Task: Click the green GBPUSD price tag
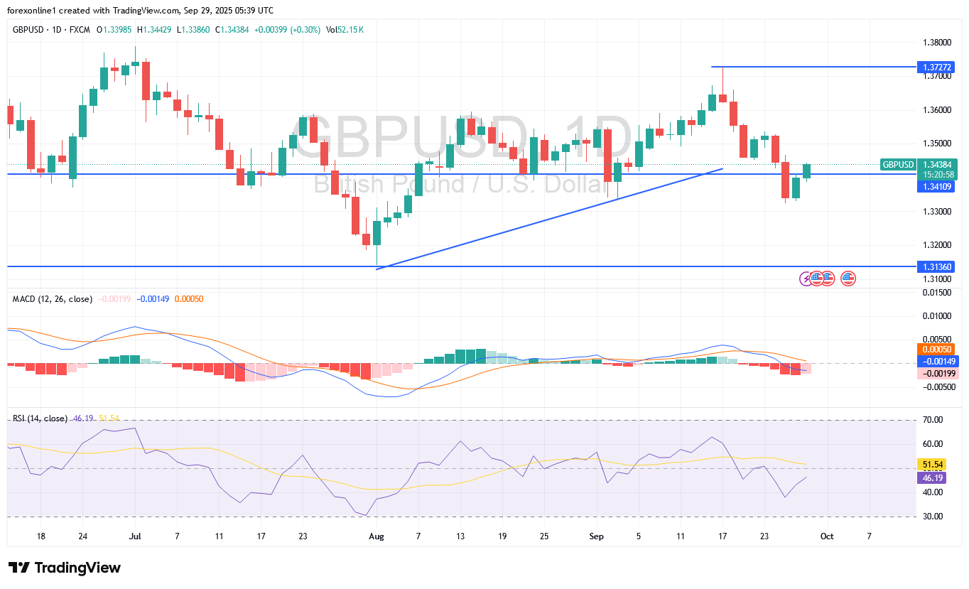898,165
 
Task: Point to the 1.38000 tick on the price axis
937,42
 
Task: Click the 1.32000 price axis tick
937,245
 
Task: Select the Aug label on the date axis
377,536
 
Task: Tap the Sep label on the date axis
597,536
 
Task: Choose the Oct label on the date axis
827,536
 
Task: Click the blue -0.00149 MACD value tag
938,362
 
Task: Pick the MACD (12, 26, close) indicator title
53,299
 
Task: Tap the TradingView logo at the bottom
65,568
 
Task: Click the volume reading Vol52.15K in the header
345,29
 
